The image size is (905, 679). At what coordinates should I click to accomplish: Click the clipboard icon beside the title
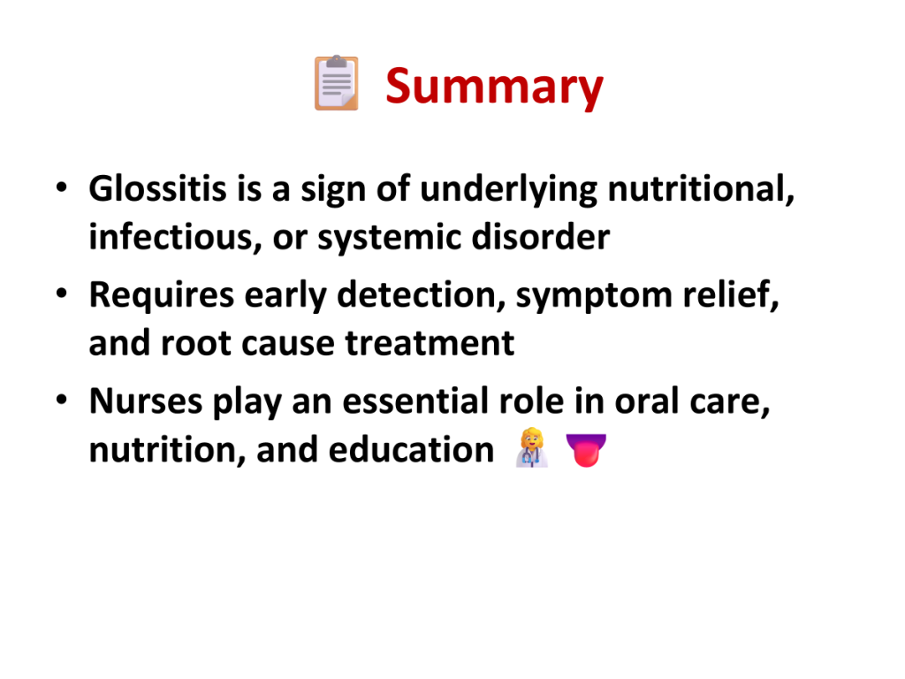pyautogui.click(x=337, y=82)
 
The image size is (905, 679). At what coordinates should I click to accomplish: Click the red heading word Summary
pyautogui.click(x=495, y=88)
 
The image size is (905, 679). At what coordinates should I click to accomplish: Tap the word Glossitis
pyautogui.click(x=157, y=188)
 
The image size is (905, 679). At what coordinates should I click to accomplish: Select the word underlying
pyautogui.click(x=508, y=189)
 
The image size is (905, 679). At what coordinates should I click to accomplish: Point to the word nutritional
pyautogui.click(x=701, y=189)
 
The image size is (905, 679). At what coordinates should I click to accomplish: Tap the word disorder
pyautogui.click(x=541, y=237)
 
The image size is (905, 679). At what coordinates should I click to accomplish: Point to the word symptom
pyautogui.click(x=594, y=296)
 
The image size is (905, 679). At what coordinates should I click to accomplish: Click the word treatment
pyautogui.click(x=430, y=344)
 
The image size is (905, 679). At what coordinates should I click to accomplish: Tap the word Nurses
pyautogui.click(x=146, y=401)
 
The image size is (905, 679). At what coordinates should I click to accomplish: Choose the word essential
pyautogui.click(x=415, y=401)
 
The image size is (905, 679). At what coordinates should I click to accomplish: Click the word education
pyautogui.click(x=412, y=449)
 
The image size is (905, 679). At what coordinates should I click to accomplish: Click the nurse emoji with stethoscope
pyautogui.click(x=531, y=447)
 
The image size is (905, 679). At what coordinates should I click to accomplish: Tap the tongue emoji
pyautogui.click(x=586, y=450)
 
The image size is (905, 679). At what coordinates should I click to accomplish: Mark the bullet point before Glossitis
pyautogui.click(x=62, y=187)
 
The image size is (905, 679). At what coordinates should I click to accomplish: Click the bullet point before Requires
pyautogui.click(x=62, y=294)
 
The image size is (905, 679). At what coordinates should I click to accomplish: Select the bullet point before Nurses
pyautogui.click(x=62, y=400)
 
